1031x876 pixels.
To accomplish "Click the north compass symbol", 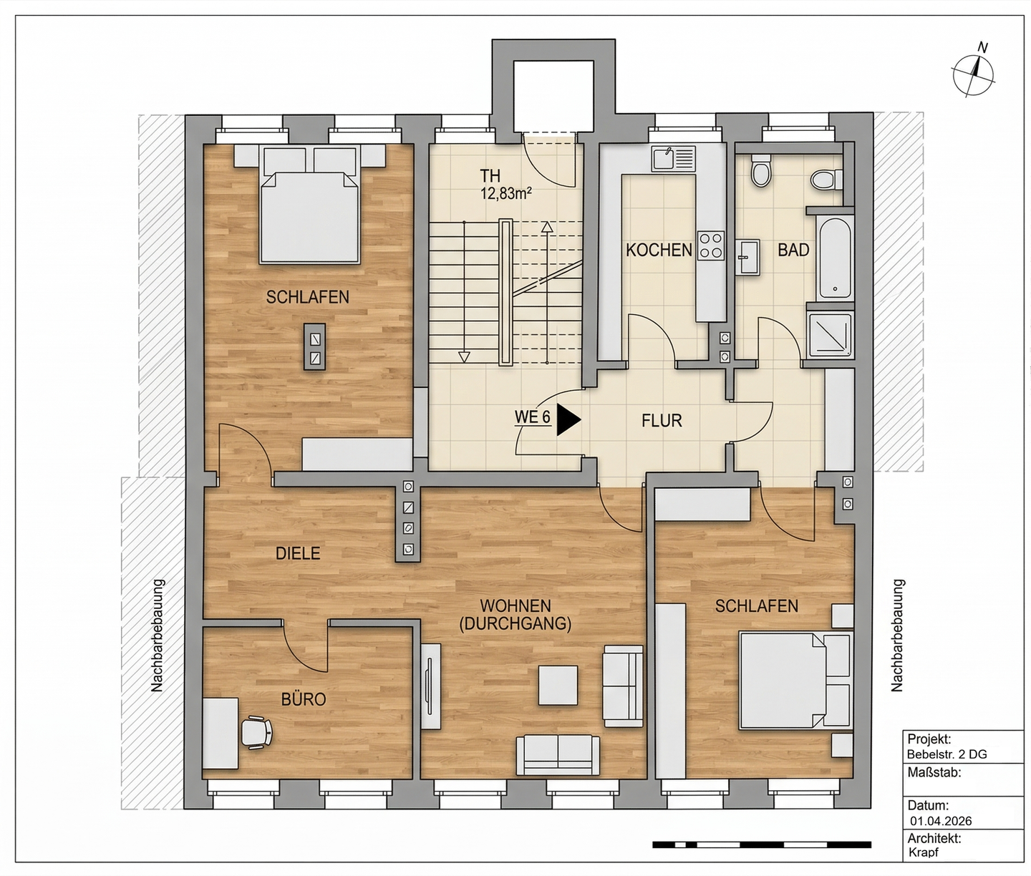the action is pyautogui.click(x=973, y=76).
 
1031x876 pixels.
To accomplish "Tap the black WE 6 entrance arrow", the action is pyautogui.click(x=568, y=419).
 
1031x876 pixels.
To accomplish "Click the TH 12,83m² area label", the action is pyautogui.click(x=505, y=184).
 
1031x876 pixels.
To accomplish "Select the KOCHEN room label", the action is pyautogui.click(x=659, y=250).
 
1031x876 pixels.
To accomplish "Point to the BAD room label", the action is pyautogui.click(x=793, y=250).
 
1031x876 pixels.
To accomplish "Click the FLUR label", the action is pyautogui.click(x=662, y=421).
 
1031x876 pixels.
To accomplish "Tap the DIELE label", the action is pyautogui.click(x=298, y=553).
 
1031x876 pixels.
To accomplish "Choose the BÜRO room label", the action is pyautogui.click(x=304, y=699).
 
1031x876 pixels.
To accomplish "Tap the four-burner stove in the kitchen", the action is pyautogui.click(x=711, y=245).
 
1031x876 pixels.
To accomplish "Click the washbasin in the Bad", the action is pyautogui.click(x=747, y=257).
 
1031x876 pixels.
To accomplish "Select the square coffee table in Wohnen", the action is pyautogui.click(x=558, y=685).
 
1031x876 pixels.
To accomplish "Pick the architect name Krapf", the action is pyautogui.click(x=923, y=852).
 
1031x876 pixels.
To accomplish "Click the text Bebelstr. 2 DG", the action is pyautogui.click(x=947, y=754).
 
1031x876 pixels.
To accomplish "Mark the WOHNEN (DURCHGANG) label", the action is pyautogui.click(x=515, y=615).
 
